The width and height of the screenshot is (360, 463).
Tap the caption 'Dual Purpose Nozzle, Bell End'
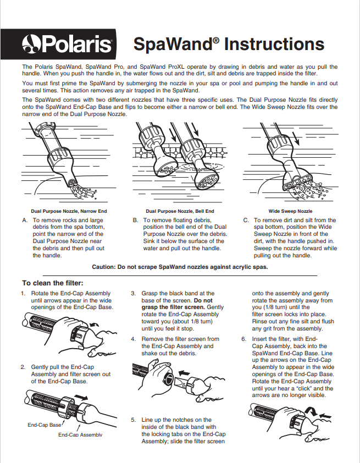[x=180, y=211]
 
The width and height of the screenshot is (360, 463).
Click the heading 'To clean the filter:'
[x=53, y=283]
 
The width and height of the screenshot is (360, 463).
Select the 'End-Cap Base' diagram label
[x=45, y=425]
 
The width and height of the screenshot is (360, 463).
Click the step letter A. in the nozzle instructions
[x=25, y=220]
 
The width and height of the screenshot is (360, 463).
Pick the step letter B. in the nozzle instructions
[x=135, y=220]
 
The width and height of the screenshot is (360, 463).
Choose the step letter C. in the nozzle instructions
[x=246, y=220]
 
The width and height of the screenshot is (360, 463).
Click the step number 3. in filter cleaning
[x=133, y=294]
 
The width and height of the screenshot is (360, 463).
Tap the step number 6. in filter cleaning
[x=243, y=339]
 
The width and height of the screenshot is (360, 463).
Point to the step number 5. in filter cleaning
[x=133, y=420]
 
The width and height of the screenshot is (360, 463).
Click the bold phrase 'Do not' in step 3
[x=203, y=301]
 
